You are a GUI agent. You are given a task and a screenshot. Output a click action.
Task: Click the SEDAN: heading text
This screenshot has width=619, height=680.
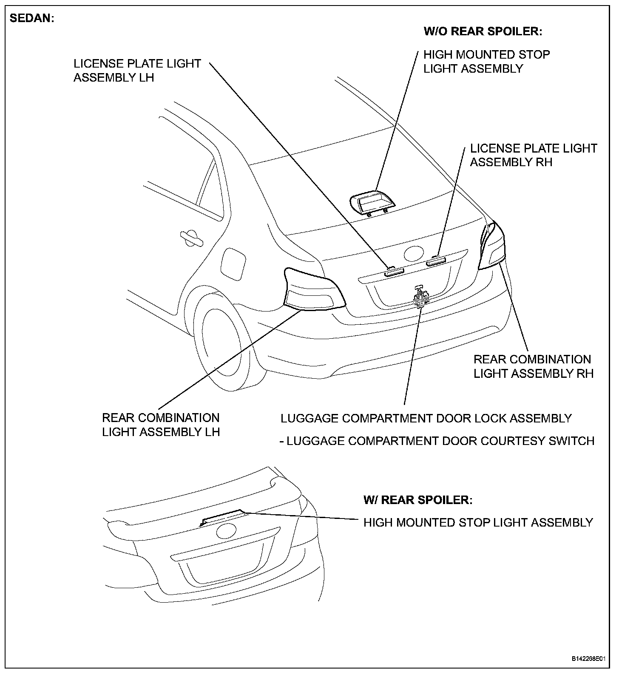(32, 19)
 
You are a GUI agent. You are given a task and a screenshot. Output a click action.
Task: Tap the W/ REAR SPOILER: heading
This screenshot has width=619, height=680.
(417, 500)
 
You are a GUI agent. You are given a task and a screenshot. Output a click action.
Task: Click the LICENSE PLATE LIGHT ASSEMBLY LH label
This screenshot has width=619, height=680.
(137, 71)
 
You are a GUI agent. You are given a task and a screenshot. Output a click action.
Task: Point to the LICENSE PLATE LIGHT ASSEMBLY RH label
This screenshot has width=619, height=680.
(533, 155)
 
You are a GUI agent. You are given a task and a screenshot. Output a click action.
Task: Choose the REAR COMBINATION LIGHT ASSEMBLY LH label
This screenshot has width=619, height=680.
(161, 425)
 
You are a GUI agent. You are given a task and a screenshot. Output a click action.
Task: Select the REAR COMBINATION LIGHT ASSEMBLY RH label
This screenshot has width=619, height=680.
(533, 366)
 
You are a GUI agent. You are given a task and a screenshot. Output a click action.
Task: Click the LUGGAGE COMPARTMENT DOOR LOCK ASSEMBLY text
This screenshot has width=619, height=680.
(426, 419)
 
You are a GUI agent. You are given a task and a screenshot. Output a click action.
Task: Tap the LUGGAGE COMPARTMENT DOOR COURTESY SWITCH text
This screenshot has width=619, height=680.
(437, 441)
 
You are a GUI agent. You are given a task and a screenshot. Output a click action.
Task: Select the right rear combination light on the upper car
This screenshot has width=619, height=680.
(492, 246)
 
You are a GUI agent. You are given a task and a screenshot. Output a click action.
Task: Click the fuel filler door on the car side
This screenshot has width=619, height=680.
(233, 263)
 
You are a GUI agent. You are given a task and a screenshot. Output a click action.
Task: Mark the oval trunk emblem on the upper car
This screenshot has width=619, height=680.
(415, 254)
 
